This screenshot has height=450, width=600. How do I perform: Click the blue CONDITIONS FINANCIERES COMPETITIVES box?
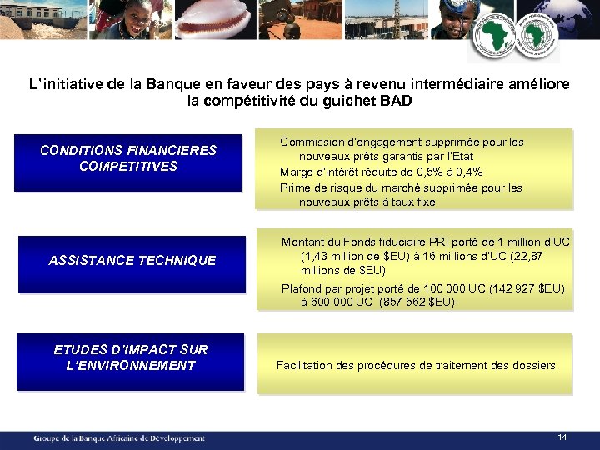click(x=128, y=158)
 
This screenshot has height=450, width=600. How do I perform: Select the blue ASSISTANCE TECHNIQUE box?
click(x=132, y=261)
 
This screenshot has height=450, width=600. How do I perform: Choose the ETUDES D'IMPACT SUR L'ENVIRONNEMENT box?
click(x=131, y=358)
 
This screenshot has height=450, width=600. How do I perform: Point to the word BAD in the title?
click(x=395, y=102)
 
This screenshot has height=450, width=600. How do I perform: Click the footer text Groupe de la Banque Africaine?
click(x=119, y=437)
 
